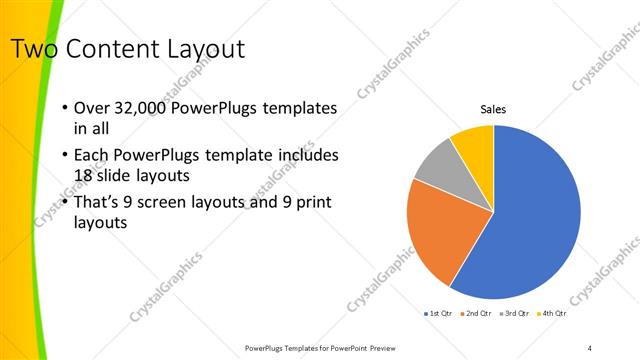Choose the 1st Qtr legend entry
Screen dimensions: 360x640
(x=439, y=314)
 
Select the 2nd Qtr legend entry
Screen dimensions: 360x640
(x=475, y=314)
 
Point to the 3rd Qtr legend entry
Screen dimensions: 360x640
(x=513, y=314)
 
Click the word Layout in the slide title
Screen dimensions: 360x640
(x=199, y=48)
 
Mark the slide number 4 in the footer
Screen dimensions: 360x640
(x=590, y=348)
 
